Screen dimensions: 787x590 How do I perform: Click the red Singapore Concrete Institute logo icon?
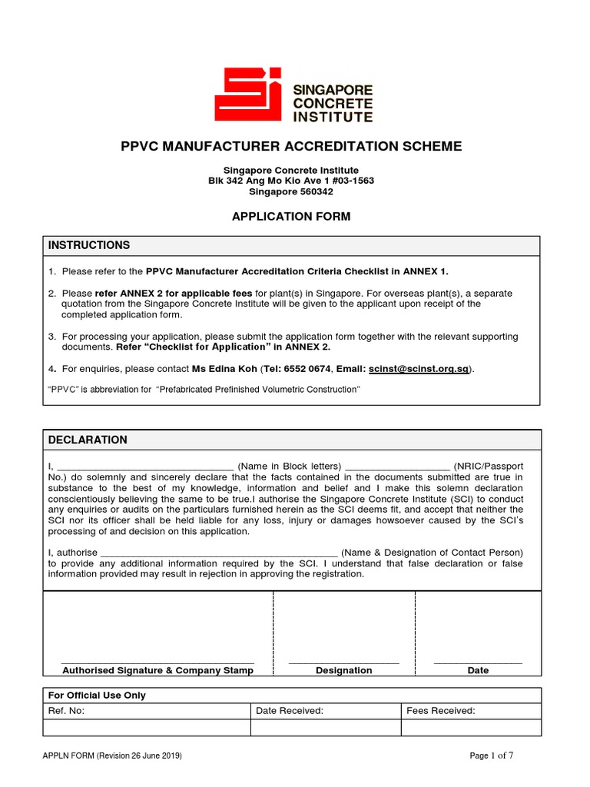[248, 95]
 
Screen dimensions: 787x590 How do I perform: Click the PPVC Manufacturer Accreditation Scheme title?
[292, 146]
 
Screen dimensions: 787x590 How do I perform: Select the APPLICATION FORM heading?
[291, 217]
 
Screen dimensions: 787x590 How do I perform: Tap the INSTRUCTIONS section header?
[89, 245]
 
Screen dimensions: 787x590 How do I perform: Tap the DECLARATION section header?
[88, 440]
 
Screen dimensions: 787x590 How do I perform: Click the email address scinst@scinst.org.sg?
[419, 369]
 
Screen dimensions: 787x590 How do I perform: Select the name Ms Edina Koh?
[225, 369]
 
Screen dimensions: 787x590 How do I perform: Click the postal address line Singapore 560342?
[291, 191]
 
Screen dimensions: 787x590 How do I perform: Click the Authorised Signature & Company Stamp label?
[157, 670]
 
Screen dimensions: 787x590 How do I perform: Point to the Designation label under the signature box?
[343, 670]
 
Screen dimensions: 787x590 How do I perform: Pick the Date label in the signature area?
[478, 670]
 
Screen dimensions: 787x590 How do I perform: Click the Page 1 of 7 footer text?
[491, 755]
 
